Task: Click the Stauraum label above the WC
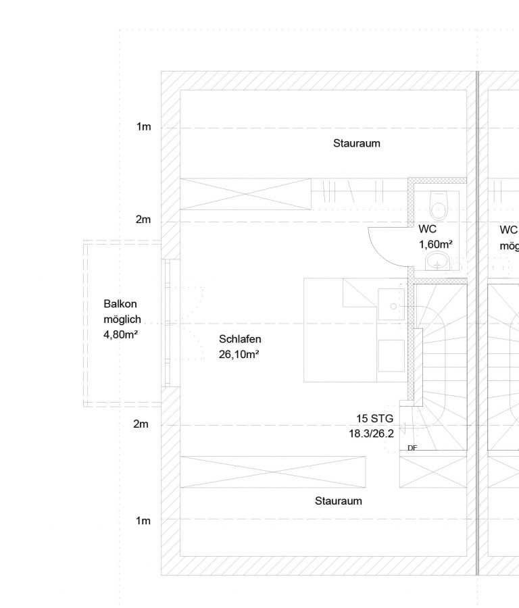(356, 143)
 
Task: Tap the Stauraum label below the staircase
(339, 501)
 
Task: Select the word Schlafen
(240, 339)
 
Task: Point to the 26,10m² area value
(239, 355)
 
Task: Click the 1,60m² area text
(436, 245)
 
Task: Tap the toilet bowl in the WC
(439, 205)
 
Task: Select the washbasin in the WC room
(438, 261)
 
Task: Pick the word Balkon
(120, 304)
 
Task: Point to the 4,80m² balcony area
(121, 334)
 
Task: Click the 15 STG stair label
(374, 419)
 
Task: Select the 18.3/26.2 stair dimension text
(371, 434)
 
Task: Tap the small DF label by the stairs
(412, 448)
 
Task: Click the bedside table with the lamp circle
(391, 305)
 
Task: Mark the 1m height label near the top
(143, 127)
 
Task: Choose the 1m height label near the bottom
(143, 521)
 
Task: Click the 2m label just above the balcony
(143, 220)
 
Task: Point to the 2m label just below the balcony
(141, 424)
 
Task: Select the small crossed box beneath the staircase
(433, 472)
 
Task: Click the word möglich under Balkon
(122, 320)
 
